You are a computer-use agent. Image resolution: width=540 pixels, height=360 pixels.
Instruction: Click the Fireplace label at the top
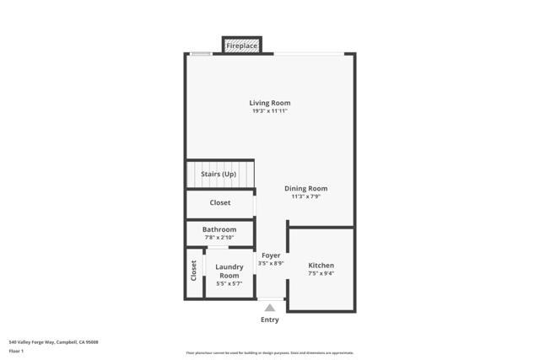241,46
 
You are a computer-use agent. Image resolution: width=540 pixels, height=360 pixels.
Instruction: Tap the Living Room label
269,103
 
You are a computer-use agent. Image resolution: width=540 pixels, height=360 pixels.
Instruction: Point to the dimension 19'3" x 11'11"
269,111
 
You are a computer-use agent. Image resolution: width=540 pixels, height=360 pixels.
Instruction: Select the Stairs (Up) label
218,174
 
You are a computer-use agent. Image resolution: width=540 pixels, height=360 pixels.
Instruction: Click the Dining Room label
305,189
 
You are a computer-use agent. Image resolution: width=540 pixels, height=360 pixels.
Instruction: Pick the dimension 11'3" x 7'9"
305,196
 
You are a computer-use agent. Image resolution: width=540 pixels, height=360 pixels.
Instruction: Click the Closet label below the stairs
219,202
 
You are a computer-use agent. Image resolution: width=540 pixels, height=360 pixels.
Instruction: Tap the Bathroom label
219,229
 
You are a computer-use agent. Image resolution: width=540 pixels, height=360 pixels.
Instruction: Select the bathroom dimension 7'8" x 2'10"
219,237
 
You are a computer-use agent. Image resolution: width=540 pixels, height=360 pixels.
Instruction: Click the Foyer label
271,255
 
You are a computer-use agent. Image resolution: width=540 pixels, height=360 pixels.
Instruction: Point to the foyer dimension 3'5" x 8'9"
271,263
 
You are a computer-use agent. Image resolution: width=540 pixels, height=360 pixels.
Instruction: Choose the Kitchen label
321,266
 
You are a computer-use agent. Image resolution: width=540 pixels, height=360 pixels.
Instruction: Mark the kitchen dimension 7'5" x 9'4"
321,273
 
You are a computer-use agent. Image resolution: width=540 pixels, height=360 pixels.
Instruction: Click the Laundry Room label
229,271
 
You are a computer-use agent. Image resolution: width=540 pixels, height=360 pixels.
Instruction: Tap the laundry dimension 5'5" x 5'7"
229,284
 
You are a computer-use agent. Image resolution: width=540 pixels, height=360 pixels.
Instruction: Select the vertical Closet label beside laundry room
193,270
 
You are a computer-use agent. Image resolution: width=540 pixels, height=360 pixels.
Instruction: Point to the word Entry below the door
270,320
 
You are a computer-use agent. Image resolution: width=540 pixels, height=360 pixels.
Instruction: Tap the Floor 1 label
17,351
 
